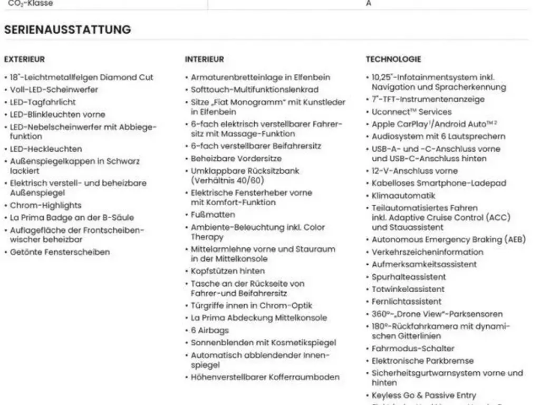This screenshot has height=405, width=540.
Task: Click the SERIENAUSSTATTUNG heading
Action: [67, 30]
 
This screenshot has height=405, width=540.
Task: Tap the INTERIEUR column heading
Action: [204, 60]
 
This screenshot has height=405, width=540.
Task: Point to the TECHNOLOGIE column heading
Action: [393, 60]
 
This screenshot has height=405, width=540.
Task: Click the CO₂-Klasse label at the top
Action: [31, 4]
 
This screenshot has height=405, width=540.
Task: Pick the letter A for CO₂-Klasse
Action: [368, 4]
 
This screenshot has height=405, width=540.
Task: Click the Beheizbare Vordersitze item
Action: [236, 158]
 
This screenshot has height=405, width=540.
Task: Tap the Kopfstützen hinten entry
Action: [228, 271]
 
